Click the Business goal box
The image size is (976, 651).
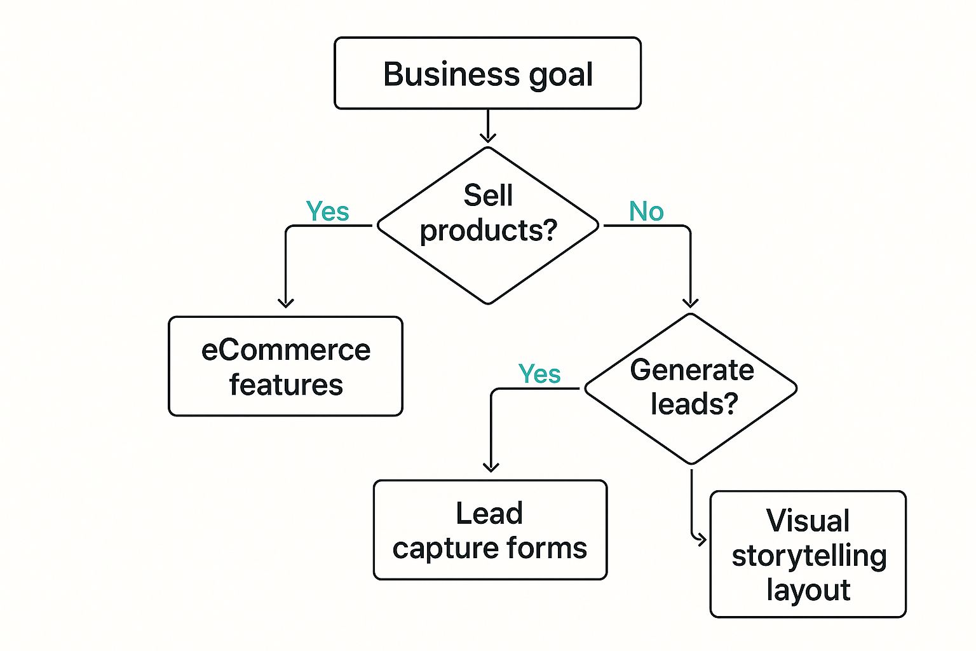[487, 73]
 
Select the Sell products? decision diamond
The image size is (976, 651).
[488, 226]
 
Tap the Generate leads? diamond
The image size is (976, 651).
[691, 388]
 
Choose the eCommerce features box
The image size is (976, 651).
[285, 366]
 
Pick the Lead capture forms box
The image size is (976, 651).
[490, 530]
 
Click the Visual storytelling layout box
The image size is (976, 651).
[808, 554]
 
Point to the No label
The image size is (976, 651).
[646, 212]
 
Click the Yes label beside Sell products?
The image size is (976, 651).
[327, 212]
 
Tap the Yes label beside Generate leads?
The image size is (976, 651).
[539, 374]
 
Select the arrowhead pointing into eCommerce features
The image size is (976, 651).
[286, 303]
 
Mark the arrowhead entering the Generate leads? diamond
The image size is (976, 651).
[691, 303]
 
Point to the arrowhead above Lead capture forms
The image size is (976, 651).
[491, 467]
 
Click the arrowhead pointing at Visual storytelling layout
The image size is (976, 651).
[701, 540]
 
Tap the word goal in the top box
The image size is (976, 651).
[560, 75]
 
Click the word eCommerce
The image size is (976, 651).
[285, 350]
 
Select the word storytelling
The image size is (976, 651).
[808, 556]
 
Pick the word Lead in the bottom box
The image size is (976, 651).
[489, 513]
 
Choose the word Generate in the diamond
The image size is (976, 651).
[692, 370]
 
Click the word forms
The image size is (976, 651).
[550, 548]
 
